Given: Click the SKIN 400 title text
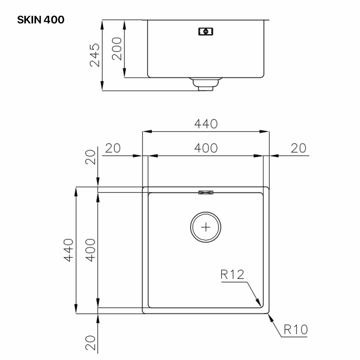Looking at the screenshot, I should point(40,20).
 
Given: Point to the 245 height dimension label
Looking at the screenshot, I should point(95,55).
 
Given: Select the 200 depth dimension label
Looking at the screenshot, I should point(117,49).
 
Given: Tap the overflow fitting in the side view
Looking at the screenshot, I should point(206,31).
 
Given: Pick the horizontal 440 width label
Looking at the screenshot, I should point(206,124).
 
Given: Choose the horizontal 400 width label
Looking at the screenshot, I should point(206,148).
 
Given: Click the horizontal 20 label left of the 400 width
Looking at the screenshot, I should point(113,148).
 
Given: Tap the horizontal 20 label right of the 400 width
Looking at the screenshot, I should point(298,148).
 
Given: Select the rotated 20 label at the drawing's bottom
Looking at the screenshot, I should point(91,343).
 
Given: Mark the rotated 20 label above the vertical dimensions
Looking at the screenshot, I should point(91,157).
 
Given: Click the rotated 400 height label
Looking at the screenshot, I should point(91,250).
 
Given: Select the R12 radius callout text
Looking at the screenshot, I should point(232,274).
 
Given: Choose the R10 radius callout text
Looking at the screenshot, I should point(295,329).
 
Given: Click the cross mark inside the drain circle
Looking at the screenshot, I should point(206,227).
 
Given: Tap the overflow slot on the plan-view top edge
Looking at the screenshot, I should point(206,192).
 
